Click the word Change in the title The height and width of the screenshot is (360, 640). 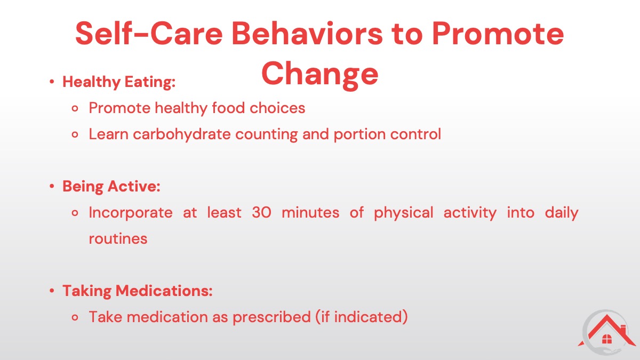319,74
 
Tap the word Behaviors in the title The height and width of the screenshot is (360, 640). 307,34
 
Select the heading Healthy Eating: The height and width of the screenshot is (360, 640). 119,82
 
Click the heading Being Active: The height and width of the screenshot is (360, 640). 111,187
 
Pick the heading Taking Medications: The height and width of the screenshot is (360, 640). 138,291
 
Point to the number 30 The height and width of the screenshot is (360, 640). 261,213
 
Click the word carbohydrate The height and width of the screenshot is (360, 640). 182,134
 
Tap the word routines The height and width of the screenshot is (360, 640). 118,239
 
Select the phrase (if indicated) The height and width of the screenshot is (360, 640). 362,317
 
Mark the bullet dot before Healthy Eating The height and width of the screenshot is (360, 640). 52,82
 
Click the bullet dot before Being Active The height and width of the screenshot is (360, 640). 52,187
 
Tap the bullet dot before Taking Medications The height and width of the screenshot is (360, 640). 52,291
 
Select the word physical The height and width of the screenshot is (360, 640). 403,213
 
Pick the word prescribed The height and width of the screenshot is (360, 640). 271,317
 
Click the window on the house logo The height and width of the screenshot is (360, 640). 607,339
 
